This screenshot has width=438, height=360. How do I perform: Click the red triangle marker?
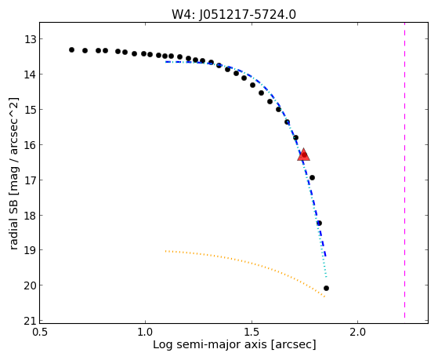(x=304, y=155)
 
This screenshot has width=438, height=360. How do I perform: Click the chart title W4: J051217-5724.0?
(x=233, y=15)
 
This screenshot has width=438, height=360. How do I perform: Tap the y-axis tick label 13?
(x=31, y=39)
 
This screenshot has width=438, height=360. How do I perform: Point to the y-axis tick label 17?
(x=31, y=180)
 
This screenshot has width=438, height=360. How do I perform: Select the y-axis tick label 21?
(x=31, y=321)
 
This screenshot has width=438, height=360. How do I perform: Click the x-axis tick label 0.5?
(x=40, y=333)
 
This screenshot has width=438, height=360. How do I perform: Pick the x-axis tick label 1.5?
(x=252, y=333)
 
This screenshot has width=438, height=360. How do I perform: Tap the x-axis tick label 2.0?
(x=358, y=333)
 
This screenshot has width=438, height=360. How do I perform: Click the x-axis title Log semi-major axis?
(x=210, y=345)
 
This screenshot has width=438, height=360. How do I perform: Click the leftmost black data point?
(x=71, y=49)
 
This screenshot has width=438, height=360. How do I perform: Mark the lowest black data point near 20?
(x=326, y=288)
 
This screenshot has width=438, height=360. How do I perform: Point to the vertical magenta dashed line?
(x=404, y=171)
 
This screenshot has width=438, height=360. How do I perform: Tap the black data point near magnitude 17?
(x=312, y=177)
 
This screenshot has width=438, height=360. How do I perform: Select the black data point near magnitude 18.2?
(x=319, y=223)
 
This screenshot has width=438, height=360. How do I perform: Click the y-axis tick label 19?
(x=31, y=250)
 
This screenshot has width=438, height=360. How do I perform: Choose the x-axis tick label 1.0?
(x=145, y=333)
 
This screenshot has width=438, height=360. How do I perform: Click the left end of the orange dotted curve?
(x=165, y=251)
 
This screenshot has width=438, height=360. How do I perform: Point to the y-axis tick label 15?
(x=31, y=110)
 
